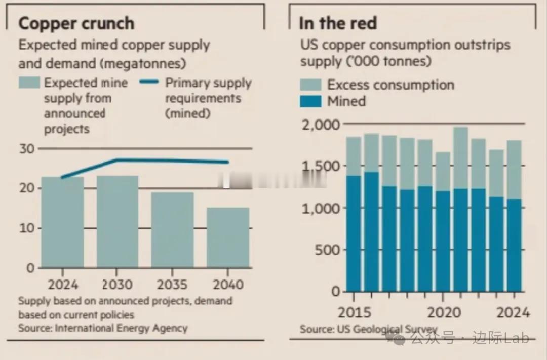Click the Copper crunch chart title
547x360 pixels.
76,24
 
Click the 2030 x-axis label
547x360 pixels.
118,284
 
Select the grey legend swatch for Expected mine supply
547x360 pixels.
29,83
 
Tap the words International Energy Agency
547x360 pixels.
121,328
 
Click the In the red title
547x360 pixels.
337,24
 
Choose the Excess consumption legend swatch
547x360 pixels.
310,85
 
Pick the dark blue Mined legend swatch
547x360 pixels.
310,101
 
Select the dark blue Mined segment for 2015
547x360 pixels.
354,233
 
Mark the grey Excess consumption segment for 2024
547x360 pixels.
514,170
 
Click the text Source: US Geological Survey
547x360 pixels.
368,329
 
